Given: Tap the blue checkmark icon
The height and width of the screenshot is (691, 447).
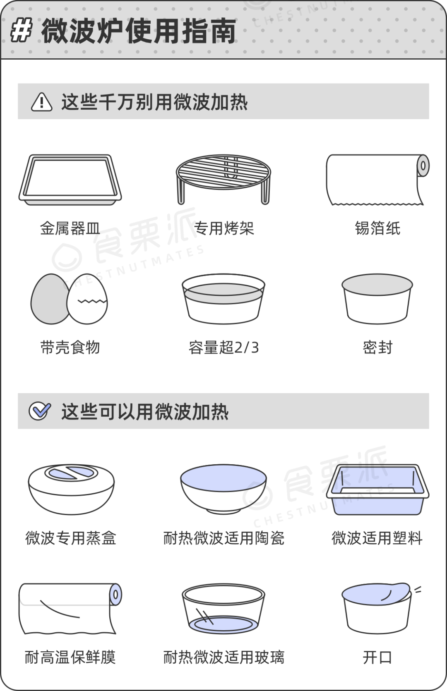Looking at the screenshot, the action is (40, 411).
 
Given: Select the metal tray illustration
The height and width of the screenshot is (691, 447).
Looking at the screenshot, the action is (70, 180).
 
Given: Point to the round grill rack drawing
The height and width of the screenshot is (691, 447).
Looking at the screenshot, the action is (223, 179).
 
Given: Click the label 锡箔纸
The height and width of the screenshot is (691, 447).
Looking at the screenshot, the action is (377, 228).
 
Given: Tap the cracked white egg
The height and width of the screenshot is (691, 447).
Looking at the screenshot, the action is (87, 299).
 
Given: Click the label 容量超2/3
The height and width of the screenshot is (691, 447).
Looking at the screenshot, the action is (223, 347).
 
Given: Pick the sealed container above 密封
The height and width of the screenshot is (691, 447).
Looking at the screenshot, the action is (377, 299).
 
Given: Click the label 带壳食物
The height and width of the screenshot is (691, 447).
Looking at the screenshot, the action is (70, 347).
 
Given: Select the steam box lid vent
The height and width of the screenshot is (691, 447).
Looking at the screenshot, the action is (71, 473).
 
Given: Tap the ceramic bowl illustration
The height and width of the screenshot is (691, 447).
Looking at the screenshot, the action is (223, 489).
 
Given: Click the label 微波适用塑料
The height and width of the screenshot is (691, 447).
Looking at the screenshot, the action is (377, 538).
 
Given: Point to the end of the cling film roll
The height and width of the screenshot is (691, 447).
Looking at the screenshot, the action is (116, 595).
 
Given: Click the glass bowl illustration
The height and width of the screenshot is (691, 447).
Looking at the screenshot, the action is (223, 608).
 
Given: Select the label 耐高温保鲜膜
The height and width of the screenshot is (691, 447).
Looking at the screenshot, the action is (70, 657).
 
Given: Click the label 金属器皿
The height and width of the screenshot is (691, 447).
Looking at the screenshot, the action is (70, 228).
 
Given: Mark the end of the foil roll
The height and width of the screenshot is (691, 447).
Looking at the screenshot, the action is (423, 166).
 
